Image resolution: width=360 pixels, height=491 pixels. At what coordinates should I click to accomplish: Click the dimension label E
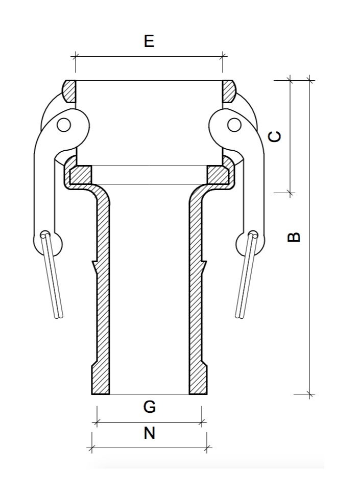point(149,41)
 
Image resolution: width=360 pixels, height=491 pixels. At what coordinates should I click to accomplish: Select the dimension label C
point(275,136)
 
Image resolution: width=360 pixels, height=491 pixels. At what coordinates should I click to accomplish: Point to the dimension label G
point(149,407)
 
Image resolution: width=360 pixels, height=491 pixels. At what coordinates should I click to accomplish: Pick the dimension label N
point(149,433)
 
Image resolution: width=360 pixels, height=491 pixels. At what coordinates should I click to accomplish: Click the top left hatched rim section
point(69,91)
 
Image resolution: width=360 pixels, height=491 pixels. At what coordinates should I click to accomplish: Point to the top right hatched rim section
point(229,91)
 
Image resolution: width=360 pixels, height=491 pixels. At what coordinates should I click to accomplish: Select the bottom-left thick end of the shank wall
point(100,381)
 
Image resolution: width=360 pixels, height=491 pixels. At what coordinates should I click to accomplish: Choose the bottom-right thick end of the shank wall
point(198,381)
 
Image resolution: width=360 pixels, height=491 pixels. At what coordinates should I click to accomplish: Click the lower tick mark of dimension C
point(290,193)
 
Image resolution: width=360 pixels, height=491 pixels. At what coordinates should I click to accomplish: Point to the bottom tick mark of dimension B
point(310,394)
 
